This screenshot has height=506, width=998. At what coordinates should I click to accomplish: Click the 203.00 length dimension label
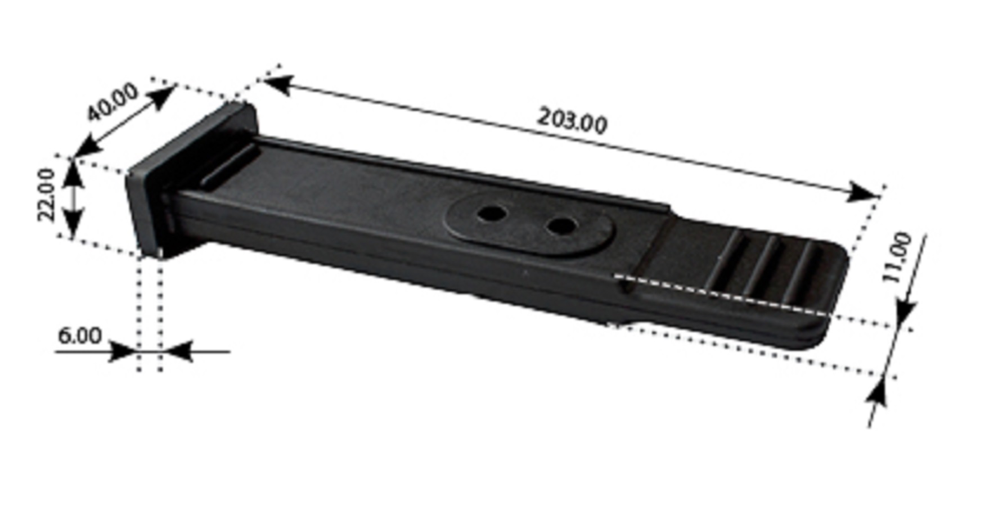[572, 120]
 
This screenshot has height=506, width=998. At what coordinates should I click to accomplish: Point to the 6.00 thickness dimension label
[80, 336]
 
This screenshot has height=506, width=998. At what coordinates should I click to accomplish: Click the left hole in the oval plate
[492, 214]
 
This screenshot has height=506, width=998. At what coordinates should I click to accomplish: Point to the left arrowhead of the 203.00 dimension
[277, 84]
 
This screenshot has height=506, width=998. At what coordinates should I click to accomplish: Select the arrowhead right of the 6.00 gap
[178, 351]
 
